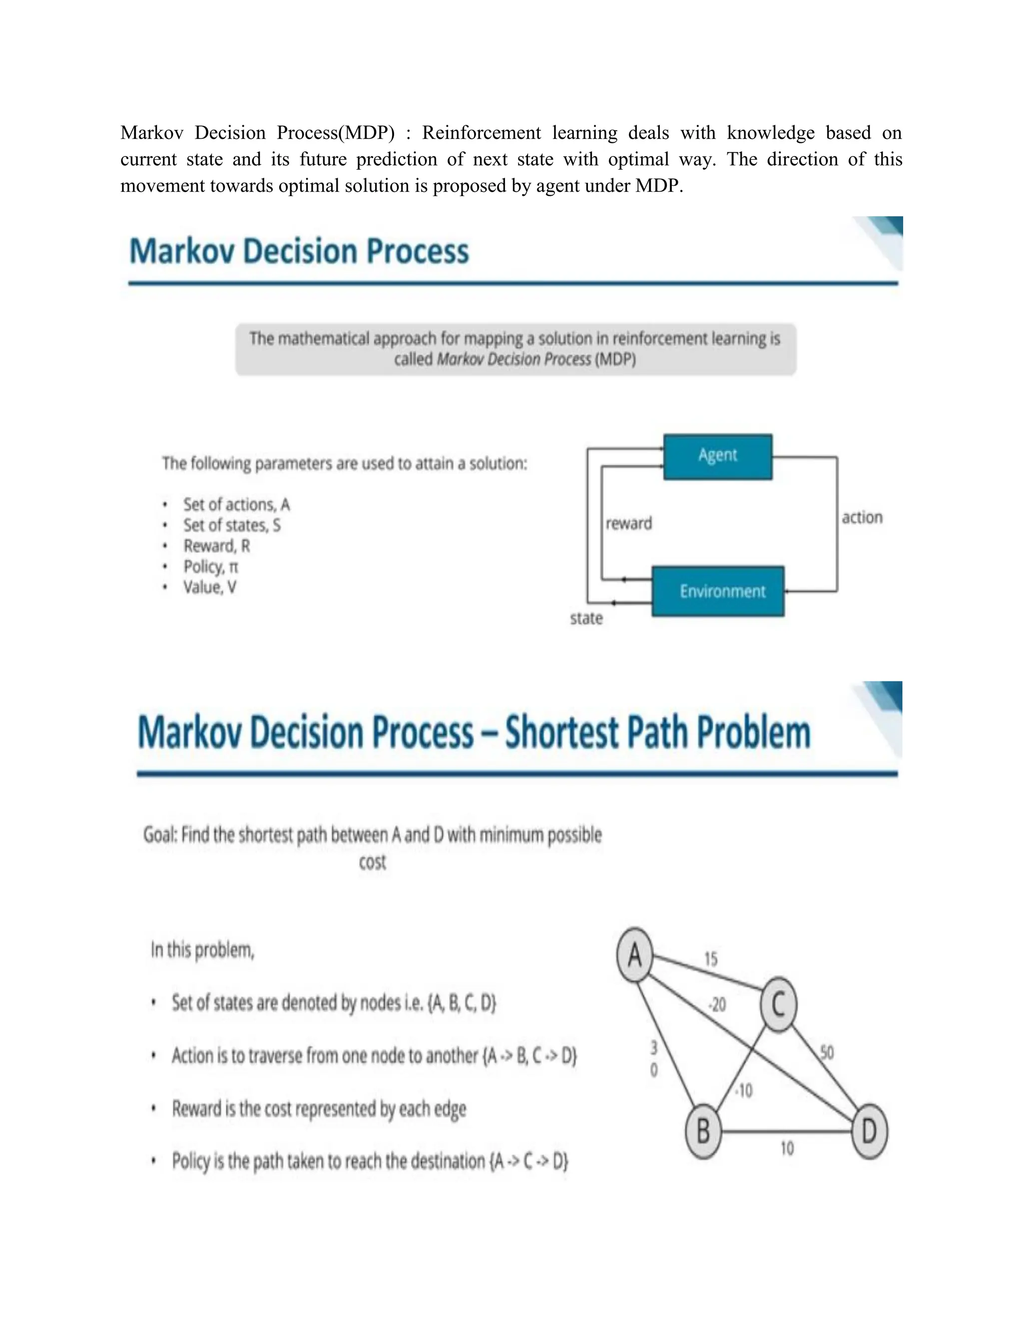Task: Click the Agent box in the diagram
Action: click(718, 457)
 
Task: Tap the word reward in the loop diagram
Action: click(628, 523)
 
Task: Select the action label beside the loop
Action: click(862, 517)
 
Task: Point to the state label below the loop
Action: click(586, 619)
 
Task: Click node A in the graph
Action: click(634, 955)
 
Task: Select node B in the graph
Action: click(703, 1131)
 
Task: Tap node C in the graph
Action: click(778, 1004)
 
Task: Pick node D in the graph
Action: click(869, 1131)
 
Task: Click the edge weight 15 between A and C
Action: click(711, 959)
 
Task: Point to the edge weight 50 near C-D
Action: click(827, 1052)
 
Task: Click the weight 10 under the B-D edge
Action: click(787, 1148)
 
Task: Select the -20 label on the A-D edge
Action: click(717, 1005)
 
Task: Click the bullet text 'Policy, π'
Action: click(210, 567)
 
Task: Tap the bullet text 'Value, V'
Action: click(210, 587)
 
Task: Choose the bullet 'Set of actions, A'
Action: click(236, 505)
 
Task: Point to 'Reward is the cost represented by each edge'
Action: click(319, 1108)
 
